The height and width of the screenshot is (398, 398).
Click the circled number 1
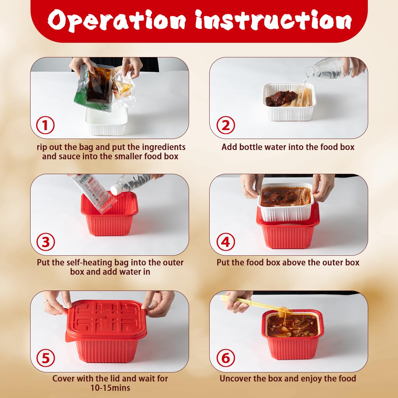(45, 125)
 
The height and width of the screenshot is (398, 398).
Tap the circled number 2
(226, 125)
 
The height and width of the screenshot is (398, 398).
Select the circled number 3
(46, 242)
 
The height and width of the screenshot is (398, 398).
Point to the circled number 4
(226, 242)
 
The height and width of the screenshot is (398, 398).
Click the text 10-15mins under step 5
(110, 388)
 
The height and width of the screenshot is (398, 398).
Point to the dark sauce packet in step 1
(99, 85)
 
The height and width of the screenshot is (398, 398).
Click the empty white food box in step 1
(106, 121)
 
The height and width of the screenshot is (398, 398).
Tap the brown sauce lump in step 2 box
(282, 98)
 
